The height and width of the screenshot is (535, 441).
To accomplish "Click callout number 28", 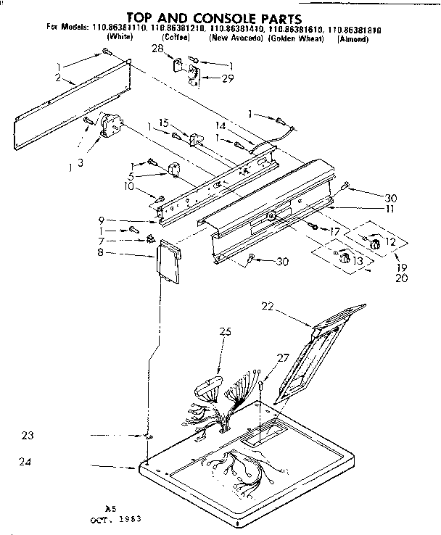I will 158,48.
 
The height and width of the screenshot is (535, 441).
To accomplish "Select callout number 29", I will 228,78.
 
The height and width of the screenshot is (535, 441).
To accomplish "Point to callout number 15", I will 164,124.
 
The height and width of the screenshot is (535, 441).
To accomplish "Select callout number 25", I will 225,332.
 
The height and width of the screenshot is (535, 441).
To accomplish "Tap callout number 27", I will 283,357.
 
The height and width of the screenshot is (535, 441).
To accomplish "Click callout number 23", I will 28,436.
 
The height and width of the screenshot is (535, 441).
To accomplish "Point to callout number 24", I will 28,461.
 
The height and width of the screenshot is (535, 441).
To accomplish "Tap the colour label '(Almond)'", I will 353,39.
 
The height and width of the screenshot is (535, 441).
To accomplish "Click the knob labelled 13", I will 343,258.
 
